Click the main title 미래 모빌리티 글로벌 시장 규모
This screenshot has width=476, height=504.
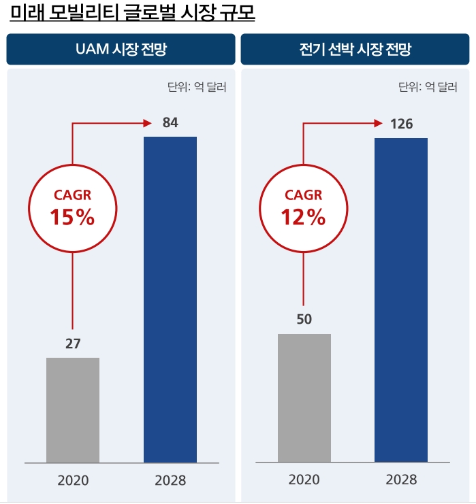coord(133,14)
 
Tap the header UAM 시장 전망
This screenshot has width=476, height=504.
coord(121,50)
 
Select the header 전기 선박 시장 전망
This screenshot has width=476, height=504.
coord(355,50)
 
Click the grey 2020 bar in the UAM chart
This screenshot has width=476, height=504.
coord(73,409)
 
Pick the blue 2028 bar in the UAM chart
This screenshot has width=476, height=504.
coord(170,299)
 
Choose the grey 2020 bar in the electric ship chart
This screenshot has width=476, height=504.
coord(304,397)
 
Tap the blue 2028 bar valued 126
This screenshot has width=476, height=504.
coord(401,299)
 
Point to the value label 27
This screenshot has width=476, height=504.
coord(73,343)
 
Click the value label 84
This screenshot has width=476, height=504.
coord(170,123)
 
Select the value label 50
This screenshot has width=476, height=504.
coord(304,319)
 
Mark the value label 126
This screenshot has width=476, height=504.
coord(401,124)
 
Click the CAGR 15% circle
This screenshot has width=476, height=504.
coord(72,208)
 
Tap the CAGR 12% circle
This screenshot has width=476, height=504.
coord(304,208)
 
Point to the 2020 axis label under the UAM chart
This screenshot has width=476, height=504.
coord(73,480)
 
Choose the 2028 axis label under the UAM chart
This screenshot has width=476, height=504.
coord(170,480)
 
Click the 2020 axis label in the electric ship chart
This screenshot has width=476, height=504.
coord(304,480)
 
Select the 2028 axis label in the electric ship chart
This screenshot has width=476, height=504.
coord(401,480)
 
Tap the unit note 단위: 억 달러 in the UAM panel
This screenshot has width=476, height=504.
coord(197,87)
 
